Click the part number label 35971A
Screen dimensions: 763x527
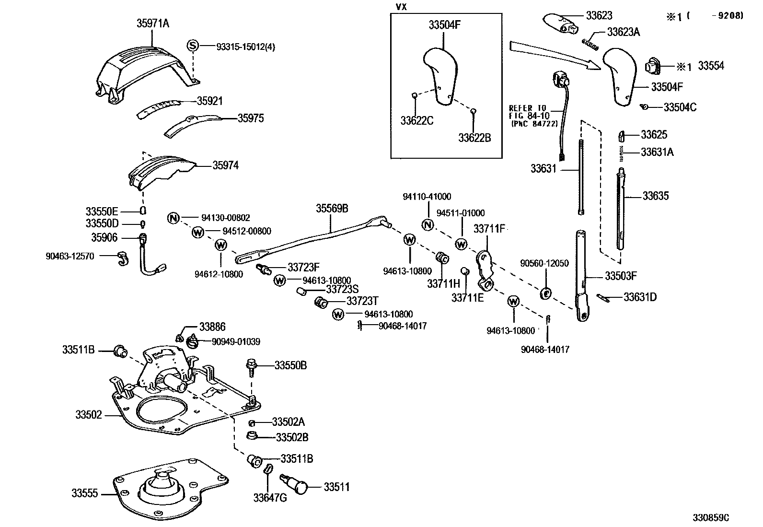click(153, 23)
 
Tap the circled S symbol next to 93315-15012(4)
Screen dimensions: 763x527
click(193, 46)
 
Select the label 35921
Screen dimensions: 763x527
click(210, 101)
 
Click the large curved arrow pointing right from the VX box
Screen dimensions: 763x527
click(555, 55)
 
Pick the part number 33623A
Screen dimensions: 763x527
click(624, 32)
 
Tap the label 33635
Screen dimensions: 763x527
click(655, 196)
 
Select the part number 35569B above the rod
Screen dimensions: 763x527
click(332, 208)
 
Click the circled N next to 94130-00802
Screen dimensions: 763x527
click(173, 218)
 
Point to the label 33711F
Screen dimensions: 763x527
click(489, 229)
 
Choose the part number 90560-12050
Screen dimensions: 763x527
click(544, 263)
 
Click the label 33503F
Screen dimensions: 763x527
click(621, 276)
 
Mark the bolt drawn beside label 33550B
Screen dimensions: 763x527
click(251, 368)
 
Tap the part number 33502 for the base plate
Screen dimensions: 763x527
click(89, 414)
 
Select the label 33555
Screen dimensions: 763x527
click(84, 493)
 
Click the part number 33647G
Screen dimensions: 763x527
click(270, 498)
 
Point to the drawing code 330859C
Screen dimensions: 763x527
click(711, 517)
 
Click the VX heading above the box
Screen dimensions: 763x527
click(401, 7)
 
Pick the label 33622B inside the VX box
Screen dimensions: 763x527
click(474, 138)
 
